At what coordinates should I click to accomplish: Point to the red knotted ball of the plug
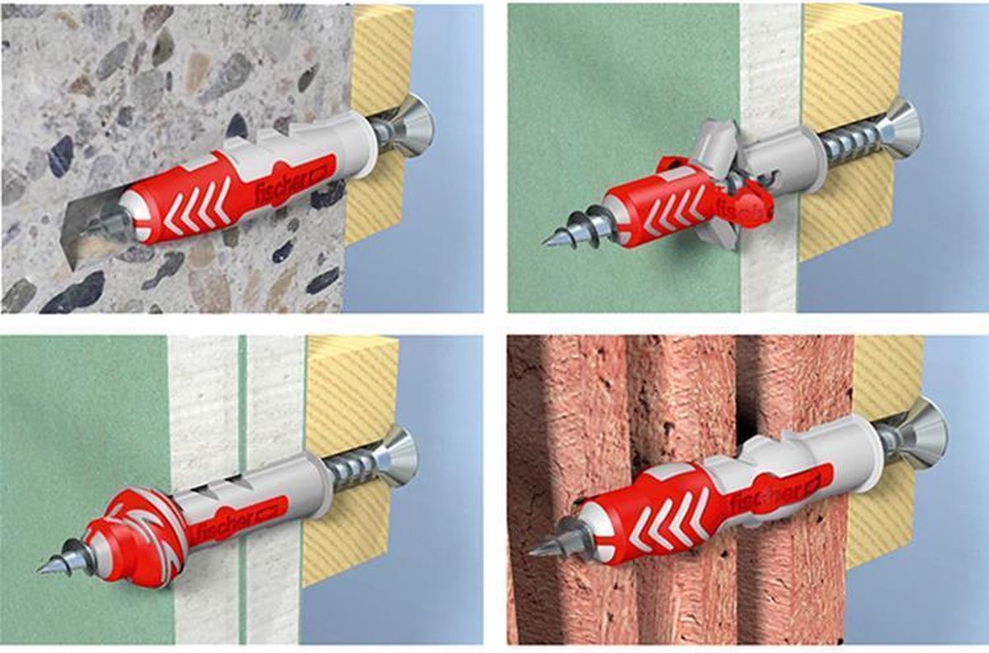click(134, 539)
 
